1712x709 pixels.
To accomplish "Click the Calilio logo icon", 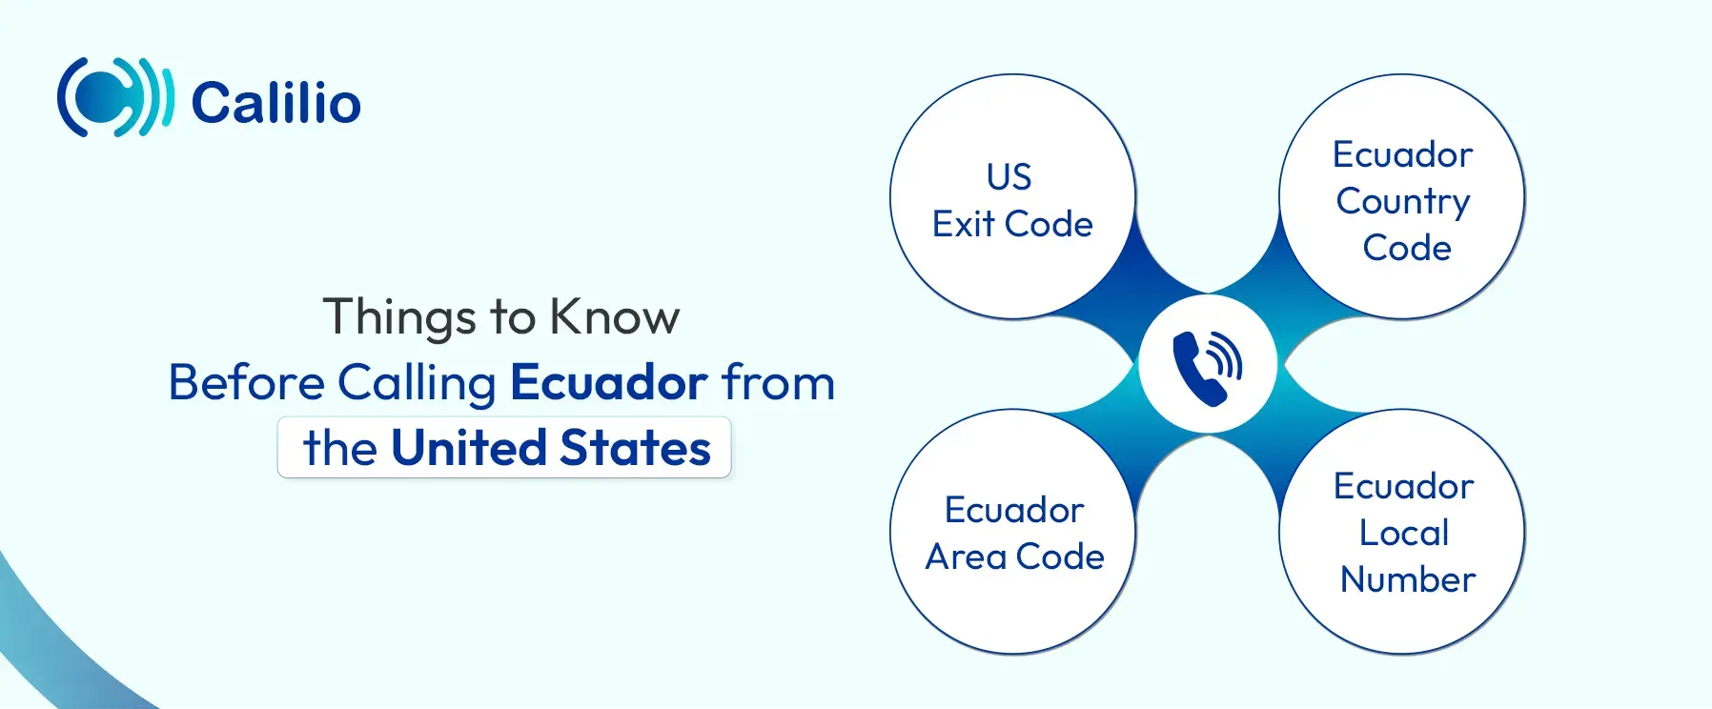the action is [x=115, y=97].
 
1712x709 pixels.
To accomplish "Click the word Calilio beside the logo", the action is [x=276, y=103].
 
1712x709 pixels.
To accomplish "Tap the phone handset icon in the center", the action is [x=1208, y=368].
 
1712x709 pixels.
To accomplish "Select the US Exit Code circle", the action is [x=1012, y=197].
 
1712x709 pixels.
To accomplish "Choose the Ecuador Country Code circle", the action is [x=1402, y=197].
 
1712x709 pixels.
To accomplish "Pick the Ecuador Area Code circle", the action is [x=1012, y=532].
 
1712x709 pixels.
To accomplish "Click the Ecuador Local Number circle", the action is [x=1402, y=532].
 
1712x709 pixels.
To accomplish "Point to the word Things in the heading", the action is [x=399, y=318].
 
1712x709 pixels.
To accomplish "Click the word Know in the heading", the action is [x=615, y=316].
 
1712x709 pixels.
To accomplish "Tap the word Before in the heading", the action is [x=247, y=382].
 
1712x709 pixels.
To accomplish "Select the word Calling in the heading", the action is [x=417, y=385].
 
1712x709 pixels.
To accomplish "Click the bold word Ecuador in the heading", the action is [x=609, y=382].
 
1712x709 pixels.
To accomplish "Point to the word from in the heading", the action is [x=778, y=382].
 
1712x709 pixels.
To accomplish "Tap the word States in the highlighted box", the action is [x=635, y=448].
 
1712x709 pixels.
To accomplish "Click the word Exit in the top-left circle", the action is [x=964, y=225].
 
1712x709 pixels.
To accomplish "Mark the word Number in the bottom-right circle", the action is [x=1408, y=579].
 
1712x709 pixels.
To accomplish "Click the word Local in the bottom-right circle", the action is [x=1404, y=533].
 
